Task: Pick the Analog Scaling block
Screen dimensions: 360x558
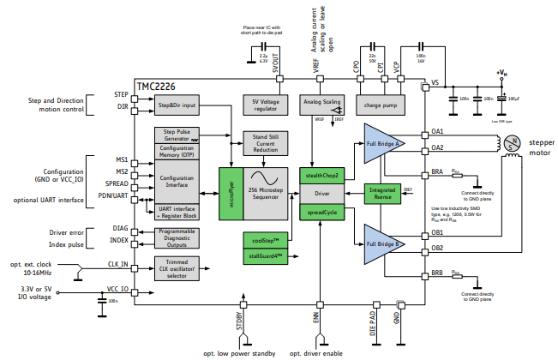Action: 321,104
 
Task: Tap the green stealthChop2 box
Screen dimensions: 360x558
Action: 322,175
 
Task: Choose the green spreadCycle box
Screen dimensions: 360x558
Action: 322,212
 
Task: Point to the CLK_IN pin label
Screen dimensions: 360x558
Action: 117,265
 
